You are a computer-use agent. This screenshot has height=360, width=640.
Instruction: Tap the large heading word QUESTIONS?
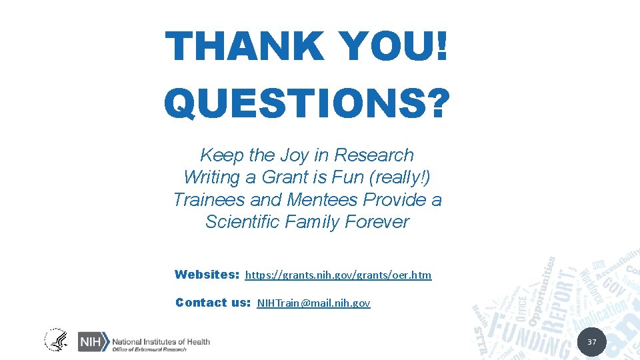(307, 103)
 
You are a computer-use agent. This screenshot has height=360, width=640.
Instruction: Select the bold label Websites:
(207, 274)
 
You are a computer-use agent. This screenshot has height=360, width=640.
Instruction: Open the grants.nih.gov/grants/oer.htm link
(338, 275)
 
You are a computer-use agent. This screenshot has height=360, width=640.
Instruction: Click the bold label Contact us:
(213, 303)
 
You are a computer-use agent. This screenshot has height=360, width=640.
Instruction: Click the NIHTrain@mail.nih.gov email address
(313, 303)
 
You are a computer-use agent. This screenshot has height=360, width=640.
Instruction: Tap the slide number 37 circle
(591, 342)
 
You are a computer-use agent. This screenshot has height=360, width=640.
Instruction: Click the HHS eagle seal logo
(56, 340)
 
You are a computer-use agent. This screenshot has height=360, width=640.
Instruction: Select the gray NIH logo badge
(93, 341)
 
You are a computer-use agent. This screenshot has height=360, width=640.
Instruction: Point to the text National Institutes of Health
(161, 341)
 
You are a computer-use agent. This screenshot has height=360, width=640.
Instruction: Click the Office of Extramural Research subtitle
(149, 349)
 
